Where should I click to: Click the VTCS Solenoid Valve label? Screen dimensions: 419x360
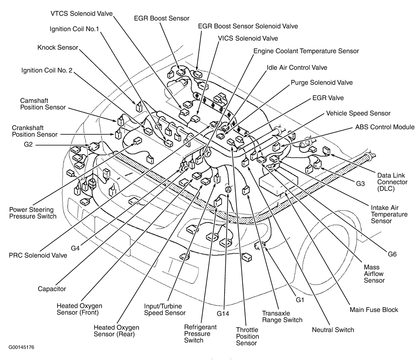[81, 14]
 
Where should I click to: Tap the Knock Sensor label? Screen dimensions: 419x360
[58, 48]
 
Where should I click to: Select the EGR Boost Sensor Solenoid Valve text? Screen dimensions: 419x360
[248, 26]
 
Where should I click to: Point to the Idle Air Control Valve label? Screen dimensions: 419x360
[297, 67]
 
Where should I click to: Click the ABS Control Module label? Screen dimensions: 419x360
[385, 127]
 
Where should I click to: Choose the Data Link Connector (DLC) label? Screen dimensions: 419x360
[392, 182]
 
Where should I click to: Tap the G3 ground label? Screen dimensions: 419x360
[360, 184]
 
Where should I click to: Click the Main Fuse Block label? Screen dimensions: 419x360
[374, 310]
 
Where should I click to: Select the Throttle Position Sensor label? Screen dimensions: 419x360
[247, 336]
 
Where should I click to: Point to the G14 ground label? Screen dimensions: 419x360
[223, 314]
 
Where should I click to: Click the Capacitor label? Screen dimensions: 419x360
[52, 289]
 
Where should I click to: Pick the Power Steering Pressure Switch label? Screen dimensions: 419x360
[33, 213]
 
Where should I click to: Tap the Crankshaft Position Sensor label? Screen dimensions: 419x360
[35, 131]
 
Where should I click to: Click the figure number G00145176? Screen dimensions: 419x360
[21, 347]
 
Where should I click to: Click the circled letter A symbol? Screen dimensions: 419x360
[228, 189]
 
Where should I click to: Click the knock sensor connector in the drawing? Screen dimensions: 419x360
[139, 107]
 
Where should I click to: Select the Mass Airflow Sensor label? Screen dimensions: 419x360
[374, 274]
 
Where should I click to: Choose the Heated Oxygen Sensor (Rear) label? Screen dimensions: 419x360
[116, 331]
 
